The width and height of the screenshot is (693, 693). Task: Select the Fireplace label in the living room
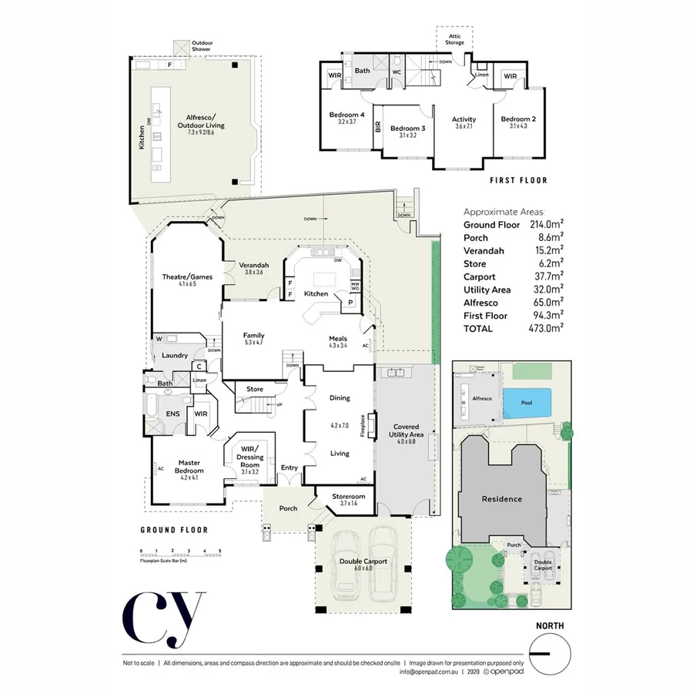click(x=362, y=426)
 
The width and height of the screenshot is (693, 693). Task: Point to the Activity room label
click(x=464, y=119)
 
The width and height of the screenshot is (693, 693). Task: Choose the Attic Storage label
click(x=454, y=38)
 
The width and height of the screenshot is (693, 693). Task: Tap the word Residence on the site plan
click(x=501, y=499)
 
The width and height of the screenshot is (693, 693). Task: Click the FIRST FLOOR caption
click(x=518, y=181)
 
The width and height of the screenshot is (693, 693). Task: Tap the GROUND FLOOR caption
click(x=174, y=530)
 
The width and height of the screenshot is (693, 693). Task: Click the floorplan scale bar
click(x=180, y=553)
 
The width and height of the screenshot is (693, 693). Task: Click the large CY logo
click(x=163, y=617)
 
